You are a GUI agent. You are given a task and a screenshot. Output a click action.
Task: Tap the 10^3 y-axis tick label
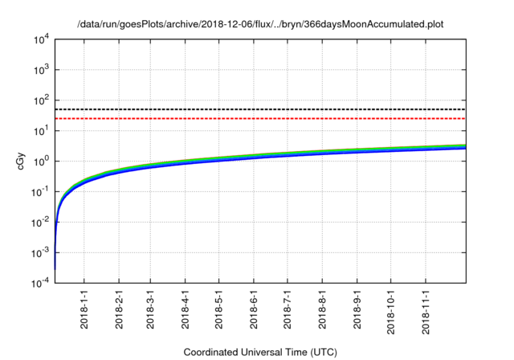pos(42,70)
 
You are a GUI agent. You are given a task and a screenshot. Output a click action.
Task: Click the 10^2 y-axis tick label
pos(42,100)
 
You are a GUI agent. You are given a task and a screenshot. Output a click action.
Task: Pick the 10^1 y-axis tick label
pos(42,130)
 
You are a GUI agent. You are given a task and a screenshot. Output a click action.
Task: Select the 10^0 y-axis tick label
pos(42,161)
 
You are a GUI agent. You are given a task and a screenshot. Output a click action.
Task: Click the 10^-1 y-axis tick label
pos(40,191)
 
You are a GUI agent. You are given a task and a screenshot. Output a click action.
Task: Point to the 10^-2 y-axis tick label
pos(40,222)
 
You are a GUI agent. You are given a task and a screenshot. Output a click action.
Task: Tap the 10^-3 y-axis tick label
pos(40,252)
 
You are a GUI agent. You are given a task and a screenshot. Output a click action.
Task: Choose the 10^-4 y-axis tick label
pos(40,282)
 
